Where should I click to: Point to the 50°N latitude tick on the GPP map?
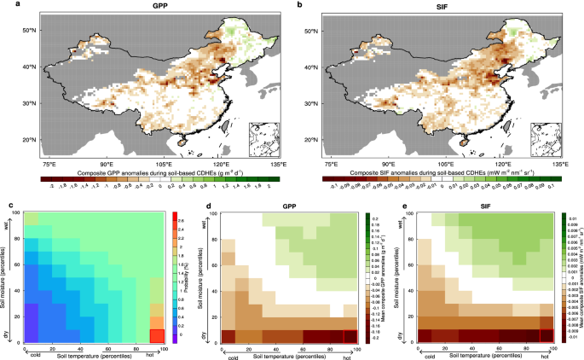pyautogui.click(x=28, y=31)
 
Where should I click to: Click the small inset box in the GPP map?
pyautogui.click(x=262, y=136)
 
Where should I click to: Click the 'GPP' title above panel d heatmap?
pyautogui.click(x=284, y=204)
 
